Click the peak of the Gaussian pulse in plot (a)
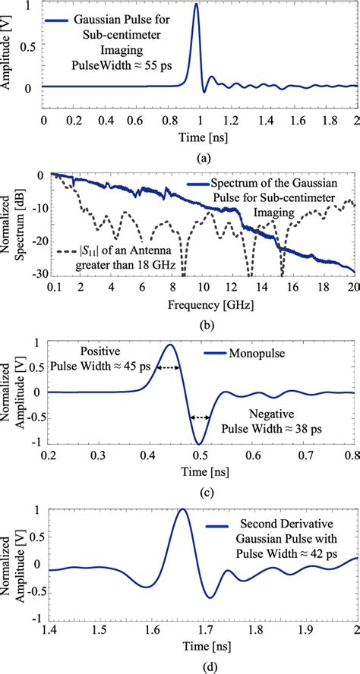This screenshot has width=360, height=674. tap(196, 5)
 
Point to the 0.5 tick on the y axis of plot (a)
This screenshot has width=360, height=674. tap(30, 46)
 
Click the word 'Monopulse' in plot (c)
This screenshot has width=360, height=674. tap(256, 354)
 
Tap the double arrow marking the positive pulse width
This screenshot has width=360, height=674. tap(169, 367)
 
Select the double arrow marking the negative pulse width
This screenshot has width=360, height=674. tap(200, 417)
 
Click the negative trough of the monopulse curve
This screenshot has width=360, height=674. tap(200, 443)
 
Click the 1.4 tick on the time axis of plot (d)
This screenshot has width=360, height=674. tap(48, 629)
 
